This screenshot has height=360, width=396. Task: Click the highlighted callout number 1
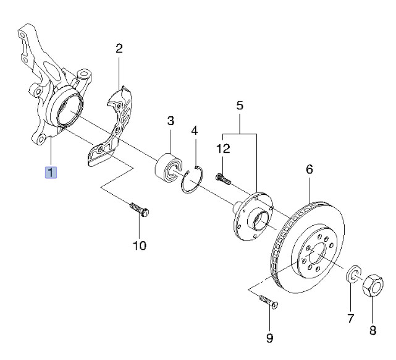pyautogui.click(x=51, y=173)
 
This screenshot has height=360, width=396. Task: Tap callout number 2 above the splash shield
pyautogui.click(x=119, y=48)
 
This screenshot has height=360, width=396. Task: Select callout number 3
pyautogui.click(x=171, y=121)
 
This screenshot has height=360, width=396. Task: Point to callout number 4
pyautogui.click(x=195, y=131)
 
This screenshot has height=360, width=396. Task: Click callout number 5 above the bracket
pyautogui.click(x=240, y=105)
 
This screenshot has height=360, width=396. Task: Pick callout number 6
pyautogui.click(x=310, y=169)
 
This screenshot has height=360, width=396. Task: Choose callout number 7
pyautogui.click(x=350, y=319)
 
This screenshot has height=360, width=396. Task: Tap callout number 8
pyautogui.click(x=373, y=330)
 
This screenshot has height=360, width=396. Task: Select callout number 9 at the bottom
pyautogui.click(x=270, y=338)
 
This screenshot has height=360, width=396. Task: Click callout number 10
pyautogui.click(x=140, y=245)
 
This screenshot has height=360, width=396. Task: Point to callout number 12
pyautogui.click(x=223, y=148)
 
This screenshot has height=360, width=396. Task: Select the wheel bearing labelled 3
pyautogui.click(x=168, y=167)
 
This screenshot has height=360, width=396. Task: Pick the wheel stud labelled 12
pyautogui.click(x=224, y=179)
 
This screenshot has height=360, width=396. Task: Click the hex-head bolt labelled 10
pyautogui.click(x=140, y=210)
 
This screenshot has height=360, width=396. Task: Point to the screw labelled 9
pyautogui.click(x=269, y=302)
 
